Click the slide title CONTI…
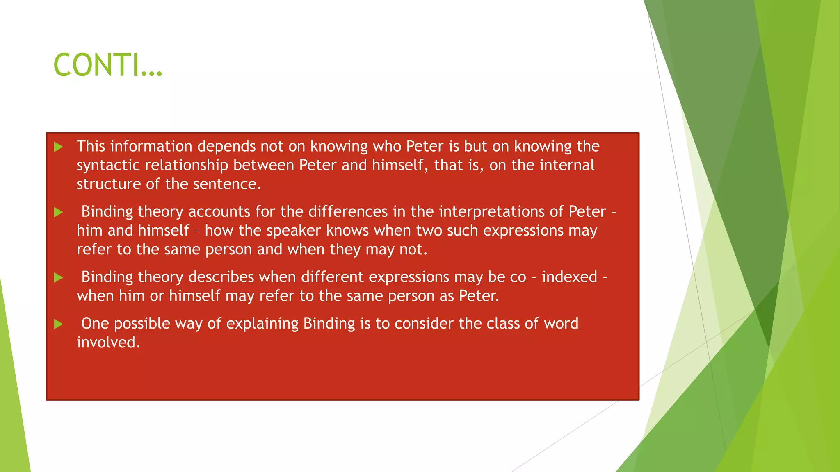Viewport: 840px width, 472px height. point(108,65)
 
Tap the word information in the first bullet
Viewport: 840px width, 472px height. point(151,146)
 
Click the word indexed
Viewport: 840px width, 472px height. point(569,277)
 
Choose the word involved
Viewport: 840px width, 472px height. point(108,343)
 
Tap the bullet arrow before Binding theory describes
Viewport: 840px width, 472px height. point(59,278)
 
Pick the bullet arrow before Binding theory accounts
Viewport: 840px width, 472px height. point(59,212)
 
